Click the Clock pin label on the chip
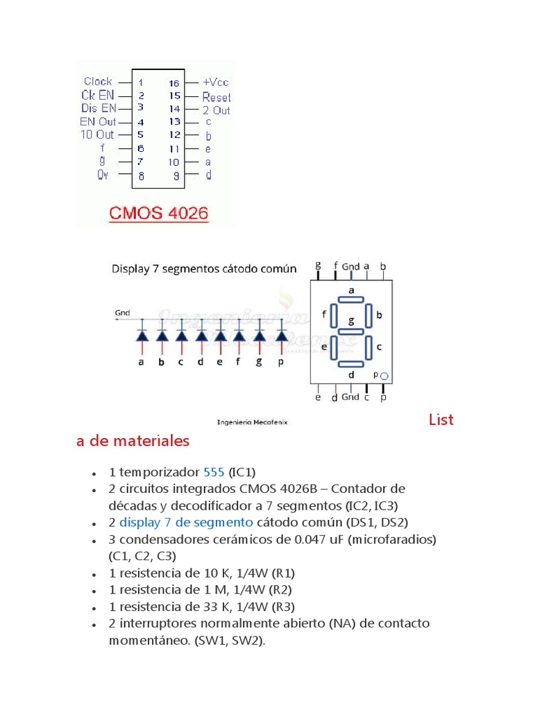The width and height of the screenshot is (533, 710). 98,81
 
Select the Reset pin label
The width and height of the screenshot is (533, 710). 217,97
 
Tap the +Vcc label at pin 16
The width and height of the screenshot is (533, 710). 215,81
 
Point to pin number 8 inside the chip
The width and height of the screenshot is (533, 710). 141,176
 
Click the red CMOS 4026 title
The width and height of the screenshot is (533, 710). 158,213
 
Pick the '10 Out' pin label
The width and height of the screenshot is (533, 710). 97,135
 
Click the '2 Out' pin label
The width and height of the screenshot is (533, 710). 217,110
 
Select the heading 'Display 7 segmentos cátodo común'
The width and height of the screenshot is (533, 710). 204,269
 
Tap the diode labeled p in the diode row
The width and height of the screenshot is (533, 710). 281,336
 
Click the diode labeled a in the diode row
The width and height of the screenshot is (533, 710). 142,336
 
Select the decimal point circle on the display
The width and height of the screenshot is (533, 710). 384,376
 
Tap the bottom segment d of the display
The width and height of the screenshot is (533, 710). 351,363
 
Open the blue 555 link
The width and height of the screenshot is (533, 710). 214,472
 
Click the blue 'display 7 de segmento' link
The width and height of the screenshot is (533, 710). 187,522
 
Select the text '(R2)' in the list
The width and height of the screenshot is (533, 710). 280,590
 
